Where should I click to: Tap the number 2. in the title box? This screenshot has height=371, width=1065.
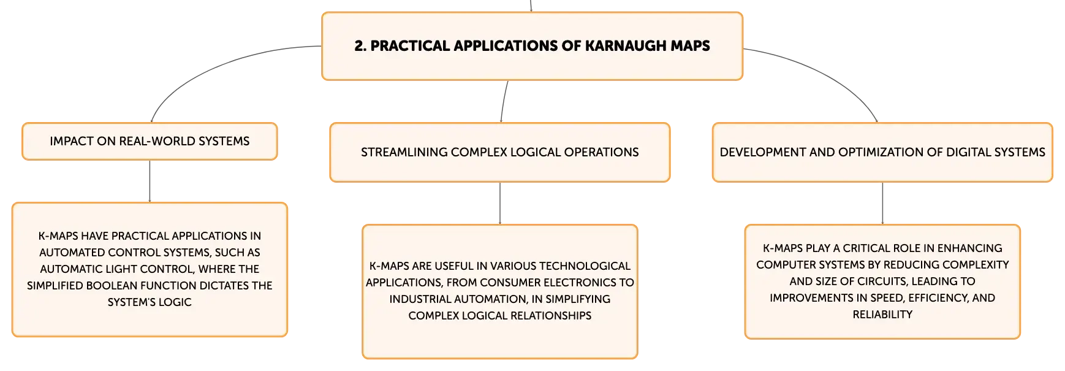[360, 46]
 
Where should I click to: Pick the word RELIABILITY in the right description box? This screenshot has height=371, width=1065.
[882, 315]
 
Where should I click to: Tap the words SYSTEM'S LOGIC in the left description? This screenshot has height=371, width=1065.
[150, 302]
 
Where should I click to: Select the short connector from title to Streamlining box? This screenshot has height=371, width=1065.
[504, 101]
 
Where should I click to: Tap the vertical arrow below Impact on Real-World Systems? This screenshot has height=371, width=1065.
[150, 182]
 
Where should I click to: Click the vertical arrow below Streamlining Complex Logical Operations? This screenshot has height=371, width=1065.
[500, 204]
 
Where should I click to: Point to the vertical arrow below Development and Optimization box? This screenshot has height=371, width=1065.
[882, 204]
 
